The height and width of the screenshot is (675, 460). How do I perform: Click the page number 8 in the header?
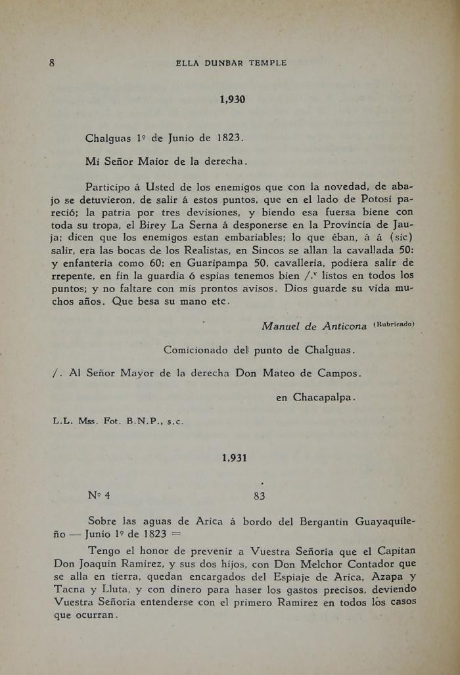click(51, 63)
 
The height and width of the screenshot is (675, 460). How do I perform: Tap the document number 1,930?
click(232, 100)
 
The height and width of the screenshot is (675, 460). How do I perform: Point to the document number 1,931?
click(234, 458)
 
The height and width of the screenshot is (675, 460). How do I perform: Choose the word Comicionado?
click(198, 350)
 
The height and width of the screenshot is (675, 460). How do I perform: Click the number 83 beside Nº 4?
click(259, 496)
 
